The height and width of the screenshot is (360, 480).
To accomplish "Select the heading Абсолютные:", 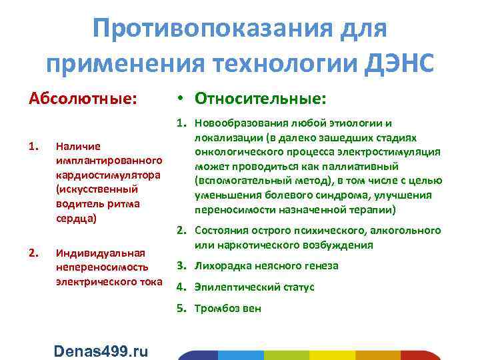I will (x=83, y=99).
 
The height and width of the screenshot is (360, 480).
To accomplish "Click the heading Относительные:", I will (x=261, y=99).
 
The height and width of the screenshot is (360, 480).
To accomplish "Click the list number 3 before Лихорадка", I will (x=181, y=266).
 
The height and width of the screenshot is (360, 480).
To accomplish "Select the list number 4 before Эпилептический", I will (x=181, y=287).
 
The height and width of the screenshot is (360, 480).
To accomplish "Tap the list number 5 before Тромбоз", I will (x=181, y=308).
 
